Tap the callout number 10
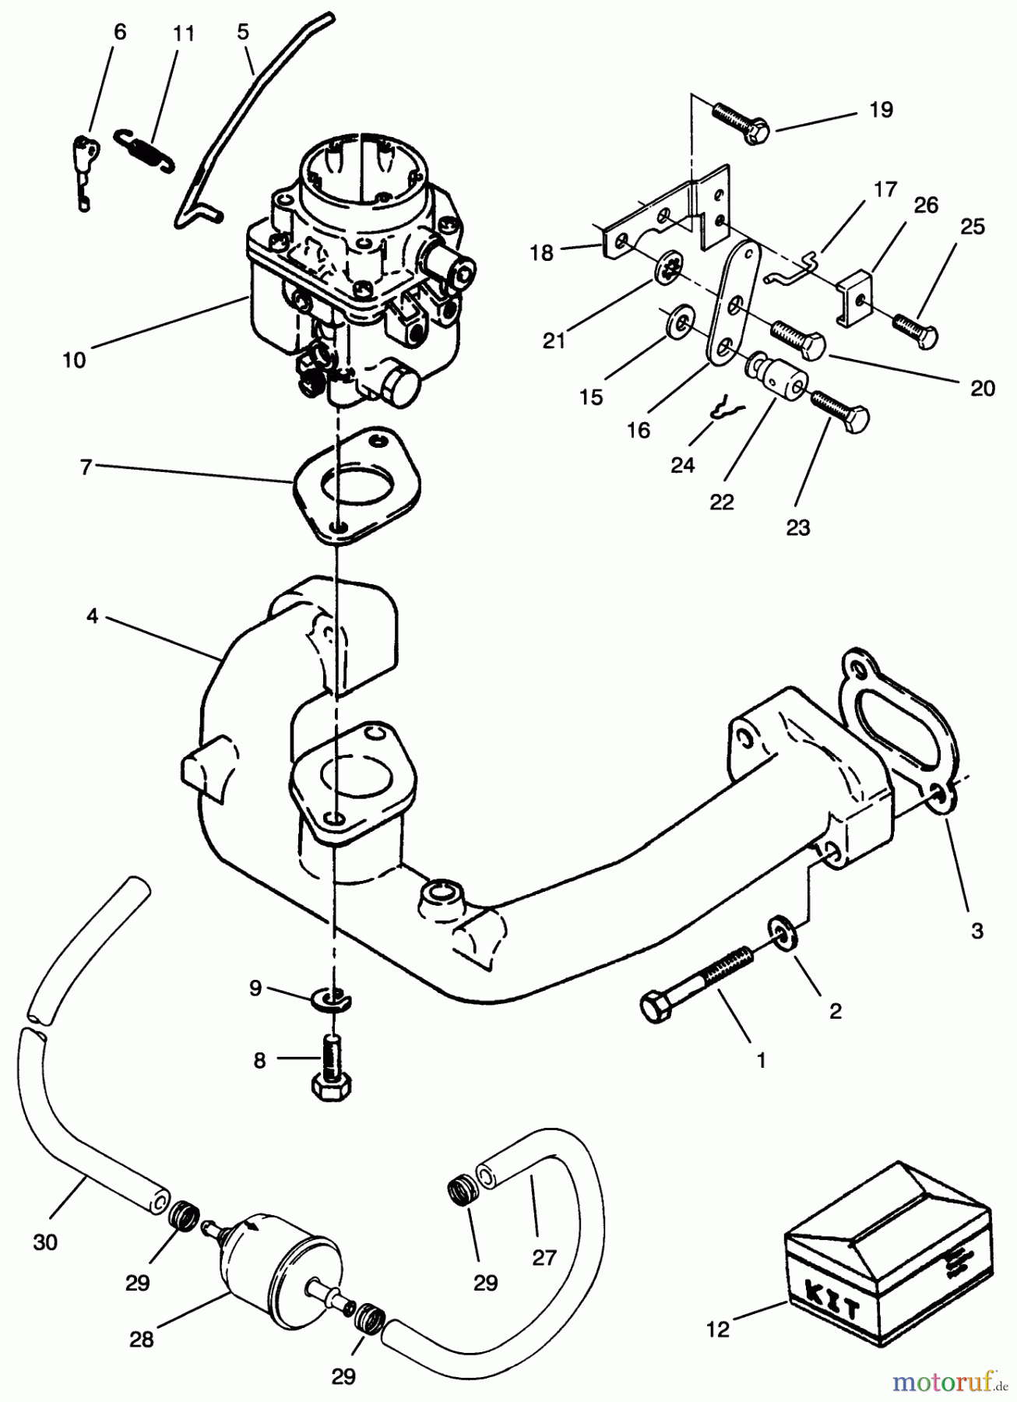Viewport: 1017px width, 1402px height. [75, 361]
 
